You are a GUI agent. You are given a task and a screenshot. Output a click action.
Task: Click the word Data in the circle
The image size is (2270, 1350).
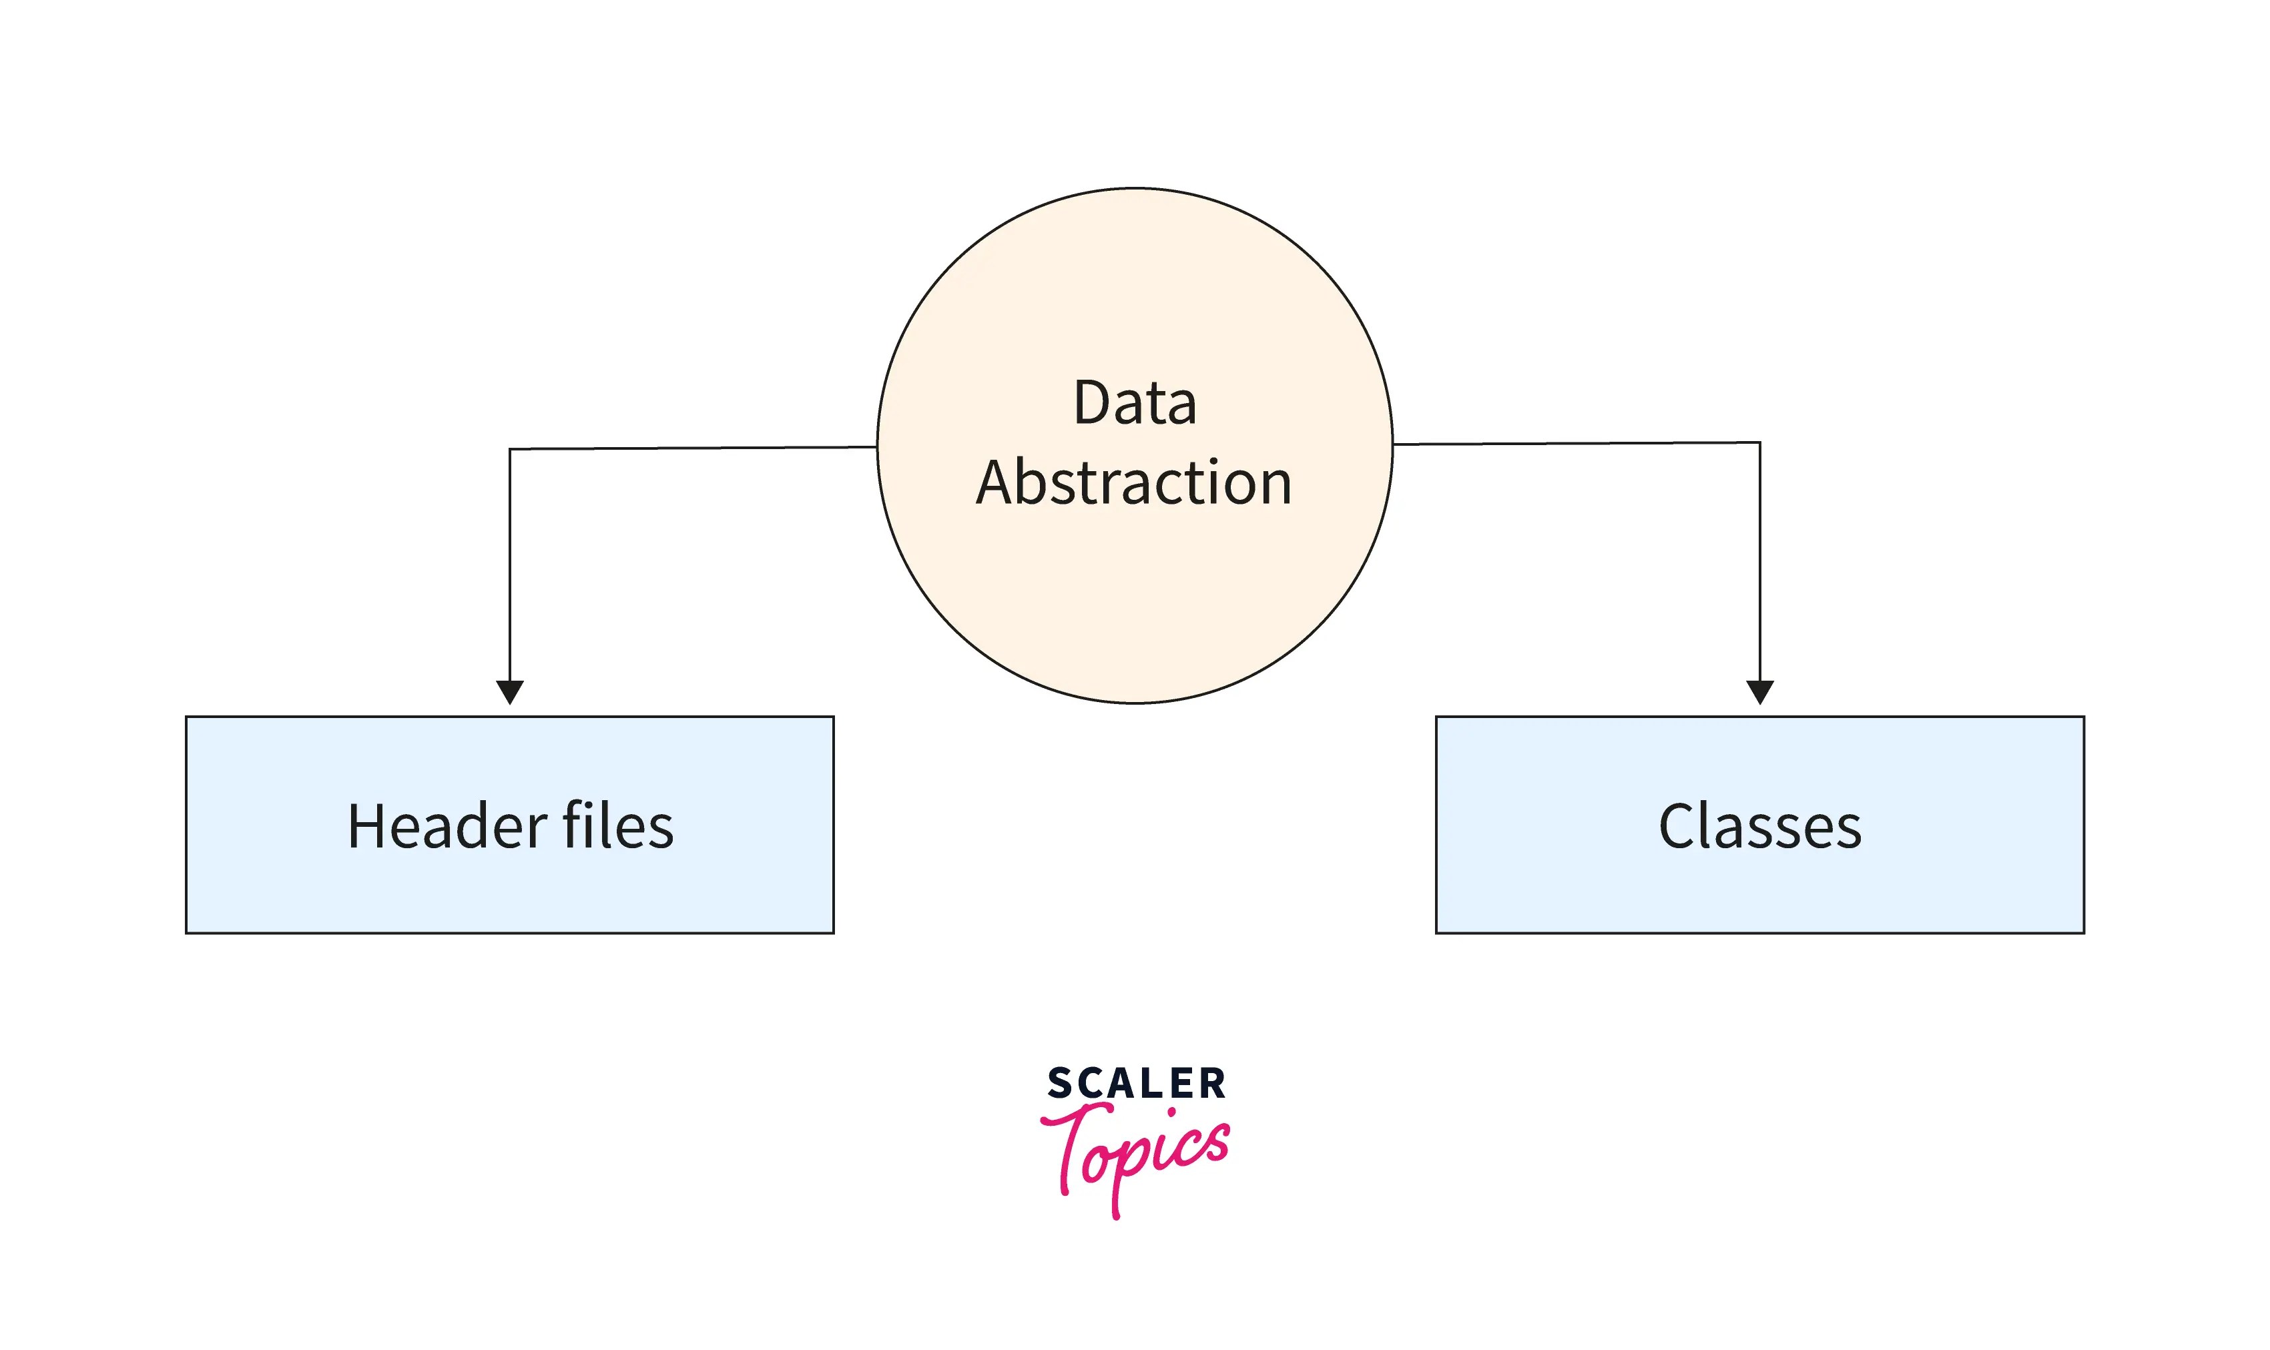pyautogui.click(x=1135, y=402)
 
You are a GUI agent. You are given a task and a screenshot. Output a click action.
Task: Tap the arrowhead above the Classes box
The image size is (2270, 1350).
pyautogui.click(x=1759, y=691)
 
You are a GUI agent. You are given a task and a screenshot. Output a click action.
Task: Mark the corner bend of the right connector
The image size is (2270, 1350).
pyautogui.click(x=1759, y=443)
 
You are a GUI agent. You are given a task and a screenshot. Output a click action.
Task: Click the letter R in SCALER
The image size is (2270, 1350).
pyautogui.click(x=1213, y=1084)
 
